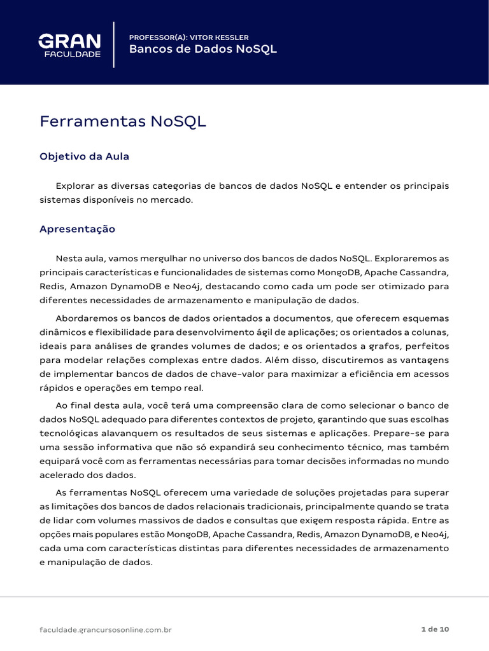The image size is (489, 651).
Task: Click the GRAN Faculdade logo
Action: (x=69, y=46)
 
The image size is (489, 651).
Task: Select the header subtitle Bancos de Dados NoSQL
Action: (x=203, y=50)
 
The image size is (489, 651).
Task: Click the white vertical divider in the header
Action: (x=114, y=45)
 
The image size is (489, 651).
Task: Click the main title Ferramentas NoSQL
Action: (x=123, y=121)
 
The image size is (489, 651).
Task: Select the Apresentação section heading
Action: (x=77, y=229)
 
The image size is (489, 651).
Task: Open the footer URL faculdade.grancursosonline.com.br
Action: (x=106, y=629)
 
